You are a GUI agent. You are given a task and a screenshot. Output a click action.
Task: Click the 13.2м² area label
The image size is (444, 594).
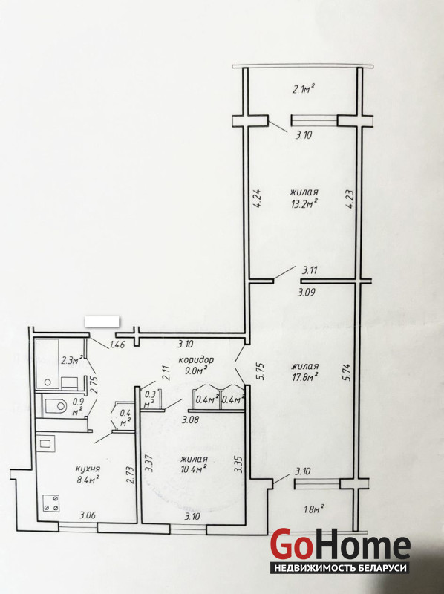click(x=301, y=203)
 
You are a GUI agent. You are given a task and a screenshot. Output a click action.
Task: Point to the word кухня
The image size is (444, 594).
click(x=87, y=469)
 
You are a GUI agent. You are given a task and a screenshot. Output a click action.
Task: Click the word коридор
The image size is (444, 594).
click(x=196, y=359)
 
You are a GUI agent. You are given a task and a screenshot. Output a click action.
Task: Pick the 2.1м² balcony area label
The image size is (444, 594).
click(x=304, y=89)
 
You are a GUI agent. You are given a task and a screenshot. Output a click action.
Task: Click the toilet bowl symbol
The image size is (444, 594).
click(x=56, y=406)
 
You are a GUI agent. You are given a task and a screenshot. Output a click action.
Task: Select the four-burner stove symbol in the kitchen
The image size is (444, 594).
click(x=50, y=503)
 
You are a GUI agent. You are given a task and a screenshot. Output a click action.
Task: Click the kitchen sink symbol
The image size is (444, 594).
click(x=46, y=443)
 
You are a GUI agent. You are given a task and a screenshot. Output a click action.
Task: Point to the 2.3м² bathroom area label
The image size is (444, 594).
click(x=72, y=359)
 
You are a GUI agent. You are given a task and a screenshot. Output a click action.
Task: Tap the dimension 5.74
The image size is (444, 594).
click(x=347, y=373)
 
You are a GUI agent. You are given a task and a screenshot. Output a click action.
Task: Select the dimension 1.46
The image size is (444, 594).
click(x=117, y=345)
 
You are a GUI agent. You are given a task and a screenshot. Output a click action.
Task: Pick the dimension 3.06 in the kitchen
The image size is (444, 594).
click(x=87, y=515)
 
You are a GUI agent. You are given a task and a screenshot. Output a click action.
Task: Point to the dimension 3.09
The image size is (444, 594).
click(x=305, y=293)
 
